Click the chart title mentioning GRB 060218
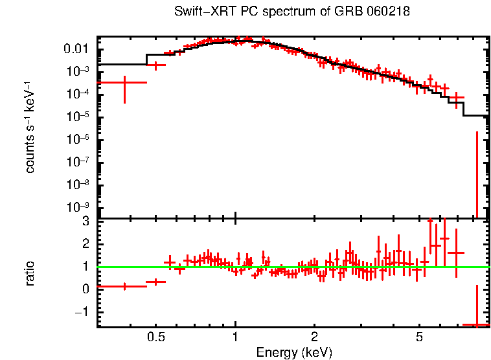(291, 12)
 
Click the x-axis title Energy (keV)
(293, 352)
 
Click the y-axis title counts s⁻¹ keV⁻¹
(30, 127)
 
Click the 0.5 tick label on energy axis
(155, 337)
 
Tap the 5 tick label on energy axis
(419, 337)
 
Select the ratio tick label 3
(85, 221)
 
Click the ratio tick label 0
(85, 289)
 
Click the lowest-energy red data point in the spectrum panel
(124, 82)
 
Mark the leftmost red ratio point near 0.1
(124, 286)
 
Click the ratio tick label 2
(85, 243)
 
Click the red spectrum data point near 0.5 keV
(155, 65)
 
